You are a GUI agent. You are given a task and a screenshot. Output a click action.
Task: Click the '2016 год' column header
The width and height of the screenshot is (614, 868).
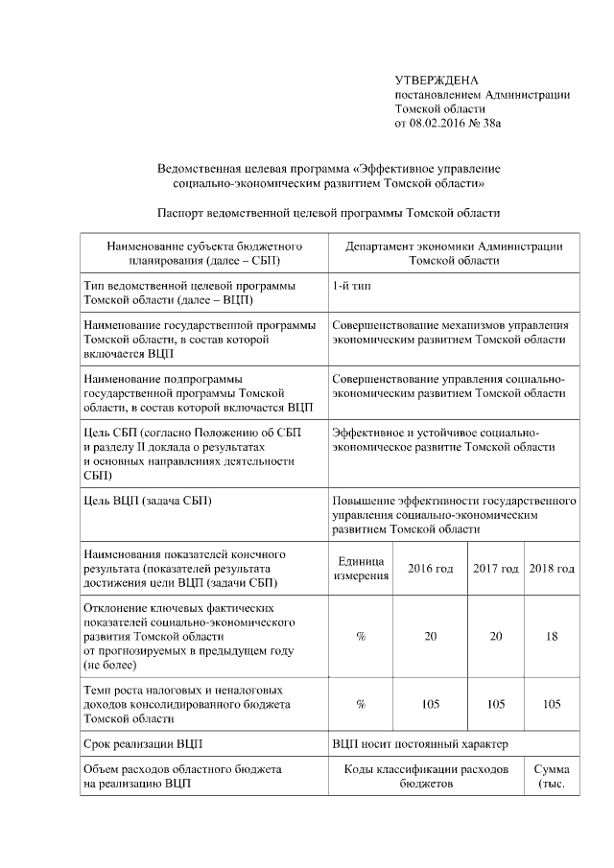431,569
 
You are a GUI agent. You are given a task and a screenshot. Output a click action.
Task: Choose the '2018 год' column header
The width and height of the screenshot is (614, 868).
552,569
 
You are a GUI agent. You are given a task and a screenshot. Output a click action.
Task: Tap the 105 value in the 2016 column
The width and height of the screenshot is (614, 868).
431,704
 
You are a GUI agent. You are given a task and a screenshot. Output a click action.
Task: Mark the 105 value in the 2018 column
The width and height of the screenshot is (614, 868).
552,704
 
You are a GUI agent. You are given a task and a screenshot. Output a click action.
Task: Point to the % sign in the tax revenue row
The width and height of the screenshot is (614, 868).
361,704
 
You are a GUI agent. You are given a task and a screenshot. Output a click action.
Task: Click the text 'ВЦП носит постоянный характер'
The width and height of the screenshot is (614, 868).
419,743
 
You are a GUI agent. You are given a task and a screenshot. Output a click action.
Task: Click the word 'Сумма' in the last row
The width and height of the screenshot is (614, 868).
552,769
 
